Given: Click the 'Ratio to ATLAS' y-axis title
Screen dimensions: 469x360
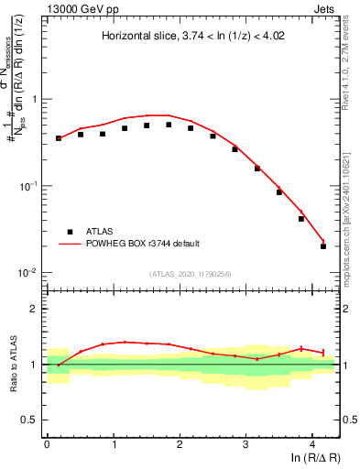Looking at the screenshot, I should click(14, 365).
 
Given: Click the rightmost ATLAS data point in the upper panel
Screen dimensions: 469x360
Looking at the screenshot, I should click(323, 246).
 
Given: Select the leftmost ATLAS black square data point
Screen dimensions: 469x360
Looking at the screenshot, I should click(59, 138).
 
